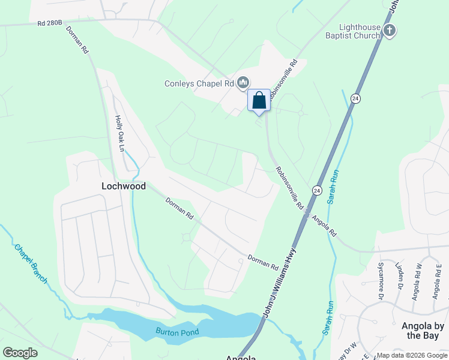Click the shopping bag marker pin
pos(259,101)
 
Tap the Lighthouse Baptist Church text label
pos(360,31)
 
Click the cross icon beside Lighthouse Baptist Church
pos(390,31)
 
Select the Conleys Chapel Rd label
pos(199,83)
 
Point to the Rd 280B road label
pos(49,24)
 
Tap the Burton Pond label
pos(177,331)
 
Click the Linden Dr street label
pos(397,277)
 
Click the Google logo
pos(20,352)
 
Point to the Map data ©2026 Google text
pos(411,356)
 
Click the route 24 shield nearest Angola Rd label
pos(316,190)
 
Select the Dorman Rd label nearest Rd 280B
pos(77,41)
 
